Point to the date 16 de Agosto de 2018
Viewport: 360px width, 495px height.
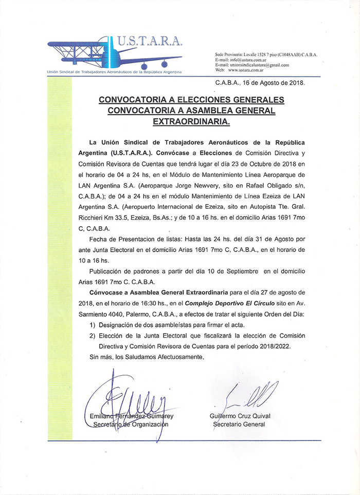click(275, 83)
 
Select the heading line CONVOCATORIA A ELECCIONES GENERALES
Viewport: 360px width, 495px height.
click(191, 99)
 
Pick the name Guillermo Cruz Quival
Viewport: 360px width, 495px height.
click(240, 416)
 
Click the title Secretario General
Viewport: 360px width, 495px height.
click(239, 424)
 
